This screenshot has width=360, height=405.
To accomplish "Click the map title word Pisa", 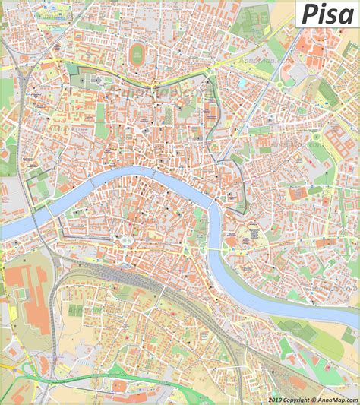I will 326,14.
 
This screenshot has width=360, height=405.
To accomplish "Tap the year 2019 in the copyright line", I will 276,400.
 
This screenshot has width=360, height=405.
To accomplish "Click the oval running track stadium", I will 137,53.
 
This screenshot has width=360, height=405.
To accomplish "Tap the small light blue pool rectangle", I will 242,83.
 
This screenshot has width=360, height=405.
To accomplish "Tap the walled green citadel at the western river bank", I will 36,186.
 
